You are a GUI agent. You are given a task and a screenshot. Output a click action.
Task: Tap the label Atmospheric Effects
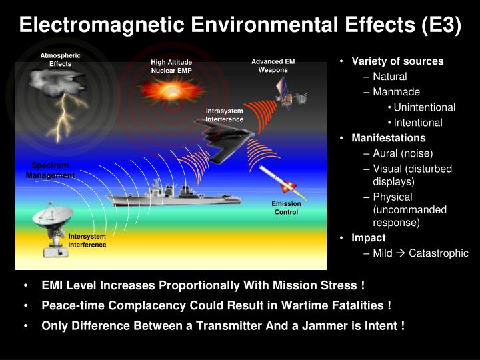tap(60, 60)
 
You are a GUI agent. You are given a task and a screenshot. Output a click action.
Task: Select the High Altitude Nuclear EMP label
tap(171, 66)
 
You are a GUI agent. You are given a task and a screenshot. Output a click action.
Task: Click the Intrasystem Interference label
tap(224, 115)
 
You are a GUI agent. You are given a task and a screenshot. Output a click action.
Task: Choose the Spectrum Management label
tap(51, 170)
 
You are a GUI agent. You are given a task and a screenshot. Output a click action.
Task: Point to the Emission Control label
tap(287, 208)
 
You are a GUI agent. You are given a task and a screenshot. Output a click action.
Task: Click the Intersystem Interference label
tap(87, 241)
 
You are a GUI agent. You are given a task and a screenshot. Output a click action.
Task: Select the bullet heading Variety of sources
tap(397, 61)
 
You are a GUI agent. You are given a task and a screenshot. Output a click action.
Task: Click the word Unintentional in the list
tap(425, 107)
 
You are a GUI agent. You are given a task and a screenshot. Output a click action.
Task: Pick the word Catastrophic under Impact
tap(439, 253)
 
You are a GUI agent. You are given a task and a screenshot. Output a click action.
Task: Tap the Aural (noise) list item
tap(403, 153)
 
